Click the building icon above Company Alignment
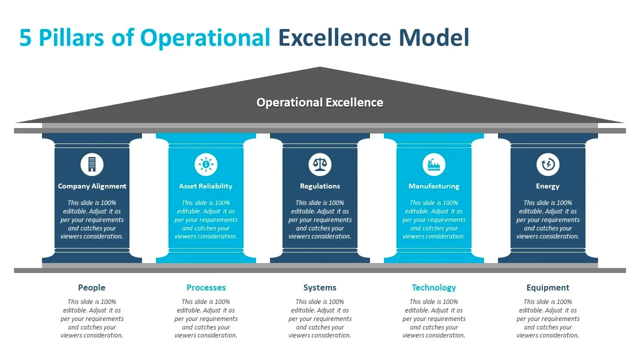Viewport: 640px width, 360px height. click(x=92, y=164)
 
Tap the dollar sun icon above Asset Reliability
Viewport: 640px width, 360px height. click(x=206, y=164)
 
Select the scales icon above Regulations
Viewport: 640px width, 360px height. click(x=320, y=164)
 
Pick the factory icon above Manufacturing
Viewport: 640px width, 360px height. click(x=434, y=164)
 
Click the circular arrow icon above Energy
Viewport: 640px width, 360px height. click(x=548, y=164)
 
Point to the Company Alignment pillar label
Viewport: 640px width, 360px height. click(x=92, y=186)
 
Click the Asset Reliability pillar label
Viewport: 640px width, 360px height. click(x=206, y=186)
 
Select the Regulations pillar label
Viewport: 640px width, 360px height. click(x=320, y=186)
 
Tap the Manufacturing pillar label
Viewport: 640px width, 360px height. click(x=434, y=186)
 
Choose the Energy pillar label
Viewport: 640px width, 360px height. click(x=548, y=186)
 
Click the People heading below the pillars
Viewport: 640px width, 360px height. click(x=92, y=287)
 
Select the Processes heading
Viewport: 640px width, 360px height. click(x=206, y=287)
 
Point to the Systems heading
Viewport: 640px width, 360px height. click(x=320, y=287)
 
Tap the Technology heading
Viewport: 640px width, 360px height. click(x=434, y=287)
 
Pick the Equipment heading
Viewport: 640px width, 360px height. click(x=548, y=287)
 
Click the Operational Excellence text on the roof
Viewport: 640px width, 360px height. click(x=320, y=102)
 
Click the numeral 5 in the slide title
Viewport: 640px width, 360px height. click(x=25, y=38)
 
